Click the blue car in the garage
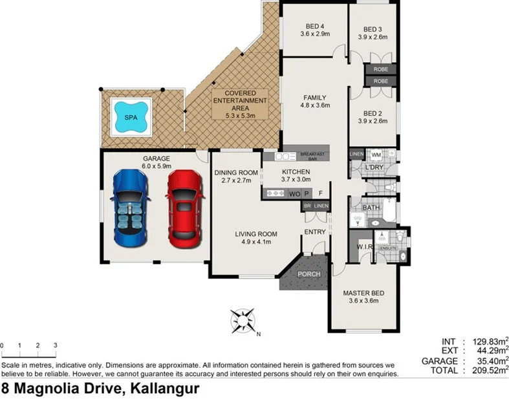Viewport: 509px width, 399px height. click(132, 208)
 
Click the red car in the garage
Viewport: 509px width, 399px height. click(183, 208)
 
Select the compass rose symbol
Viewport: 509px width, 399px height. click(243, 320)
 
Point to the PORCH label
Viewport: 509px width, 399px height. click(308, 274)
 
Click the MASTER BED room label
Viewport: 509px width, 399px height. click(363, 293)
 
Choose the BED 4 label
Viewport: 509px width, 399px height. click(316, 26)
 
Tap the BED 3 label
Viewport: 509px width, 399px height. click(373, 29)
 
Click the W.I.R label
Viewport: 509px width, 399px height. click(363, 248)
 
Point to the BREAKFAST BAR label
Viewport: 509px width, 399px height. click(314, 155)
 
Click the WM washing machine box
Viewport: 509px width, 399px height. click(376, 155)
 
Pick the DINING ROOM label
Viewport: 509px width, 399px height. click(236, 173)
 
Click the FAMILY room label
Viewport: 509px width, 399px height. click(315, 98)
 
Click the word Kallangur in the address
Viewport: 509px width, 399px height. click(165, 389)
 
